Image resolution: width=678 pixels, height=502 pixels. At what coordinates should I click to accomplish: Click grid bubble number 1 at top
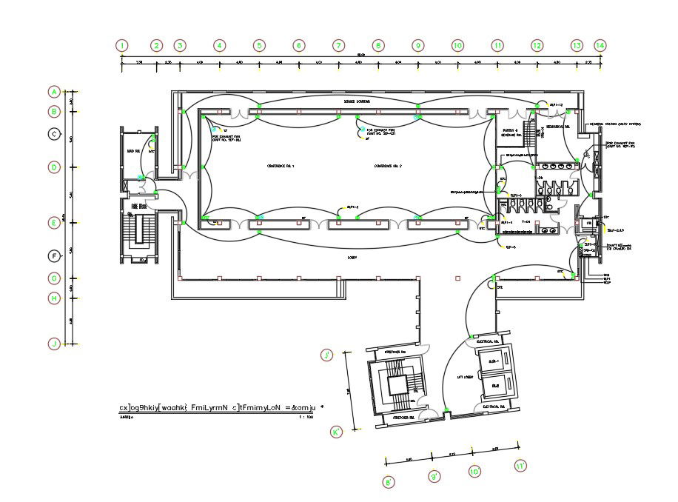[x=122, y=45]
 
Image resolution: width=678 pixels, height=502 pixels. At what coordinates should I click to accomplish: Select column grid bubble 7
[x=338, y=45]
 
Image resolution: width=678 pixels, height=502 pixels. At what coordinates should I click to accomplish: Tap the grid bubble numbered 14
[x=600, y=45]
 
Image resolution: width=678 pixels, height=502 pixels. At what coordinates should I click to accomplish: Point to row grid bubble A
[x=54, y=92]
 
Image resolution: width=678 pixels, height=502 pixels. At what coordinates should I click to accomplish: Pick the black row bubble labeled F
[x=54, y=256]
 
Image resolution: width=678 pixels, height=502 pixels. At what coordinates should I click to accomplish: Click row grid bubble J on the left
[x=54, y=344]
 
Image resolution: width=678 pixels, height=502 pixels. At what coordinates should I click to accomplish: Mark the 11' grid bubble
[x=521, y=466]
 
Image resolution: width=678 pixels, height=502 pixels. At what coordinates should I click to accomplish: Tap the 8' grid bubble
[x=389, y=482]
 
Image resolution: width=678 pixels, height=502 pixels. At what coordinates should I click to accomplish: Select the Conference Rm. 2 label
[x=388, y=167]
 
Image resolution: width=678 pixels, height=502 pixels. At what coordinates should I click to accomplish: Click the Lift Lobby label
[x=465, y=377]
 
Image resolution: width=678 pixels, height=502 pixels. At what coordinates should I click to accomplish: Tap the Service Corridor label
[x=356, y=101]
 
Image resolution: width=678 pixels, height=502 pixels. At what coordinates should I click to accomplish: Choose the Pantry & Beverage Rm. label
[x=509, y=134]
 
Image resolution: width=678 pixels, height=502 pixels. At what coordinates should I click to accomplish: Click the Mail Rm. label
[x=134, y=151]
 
